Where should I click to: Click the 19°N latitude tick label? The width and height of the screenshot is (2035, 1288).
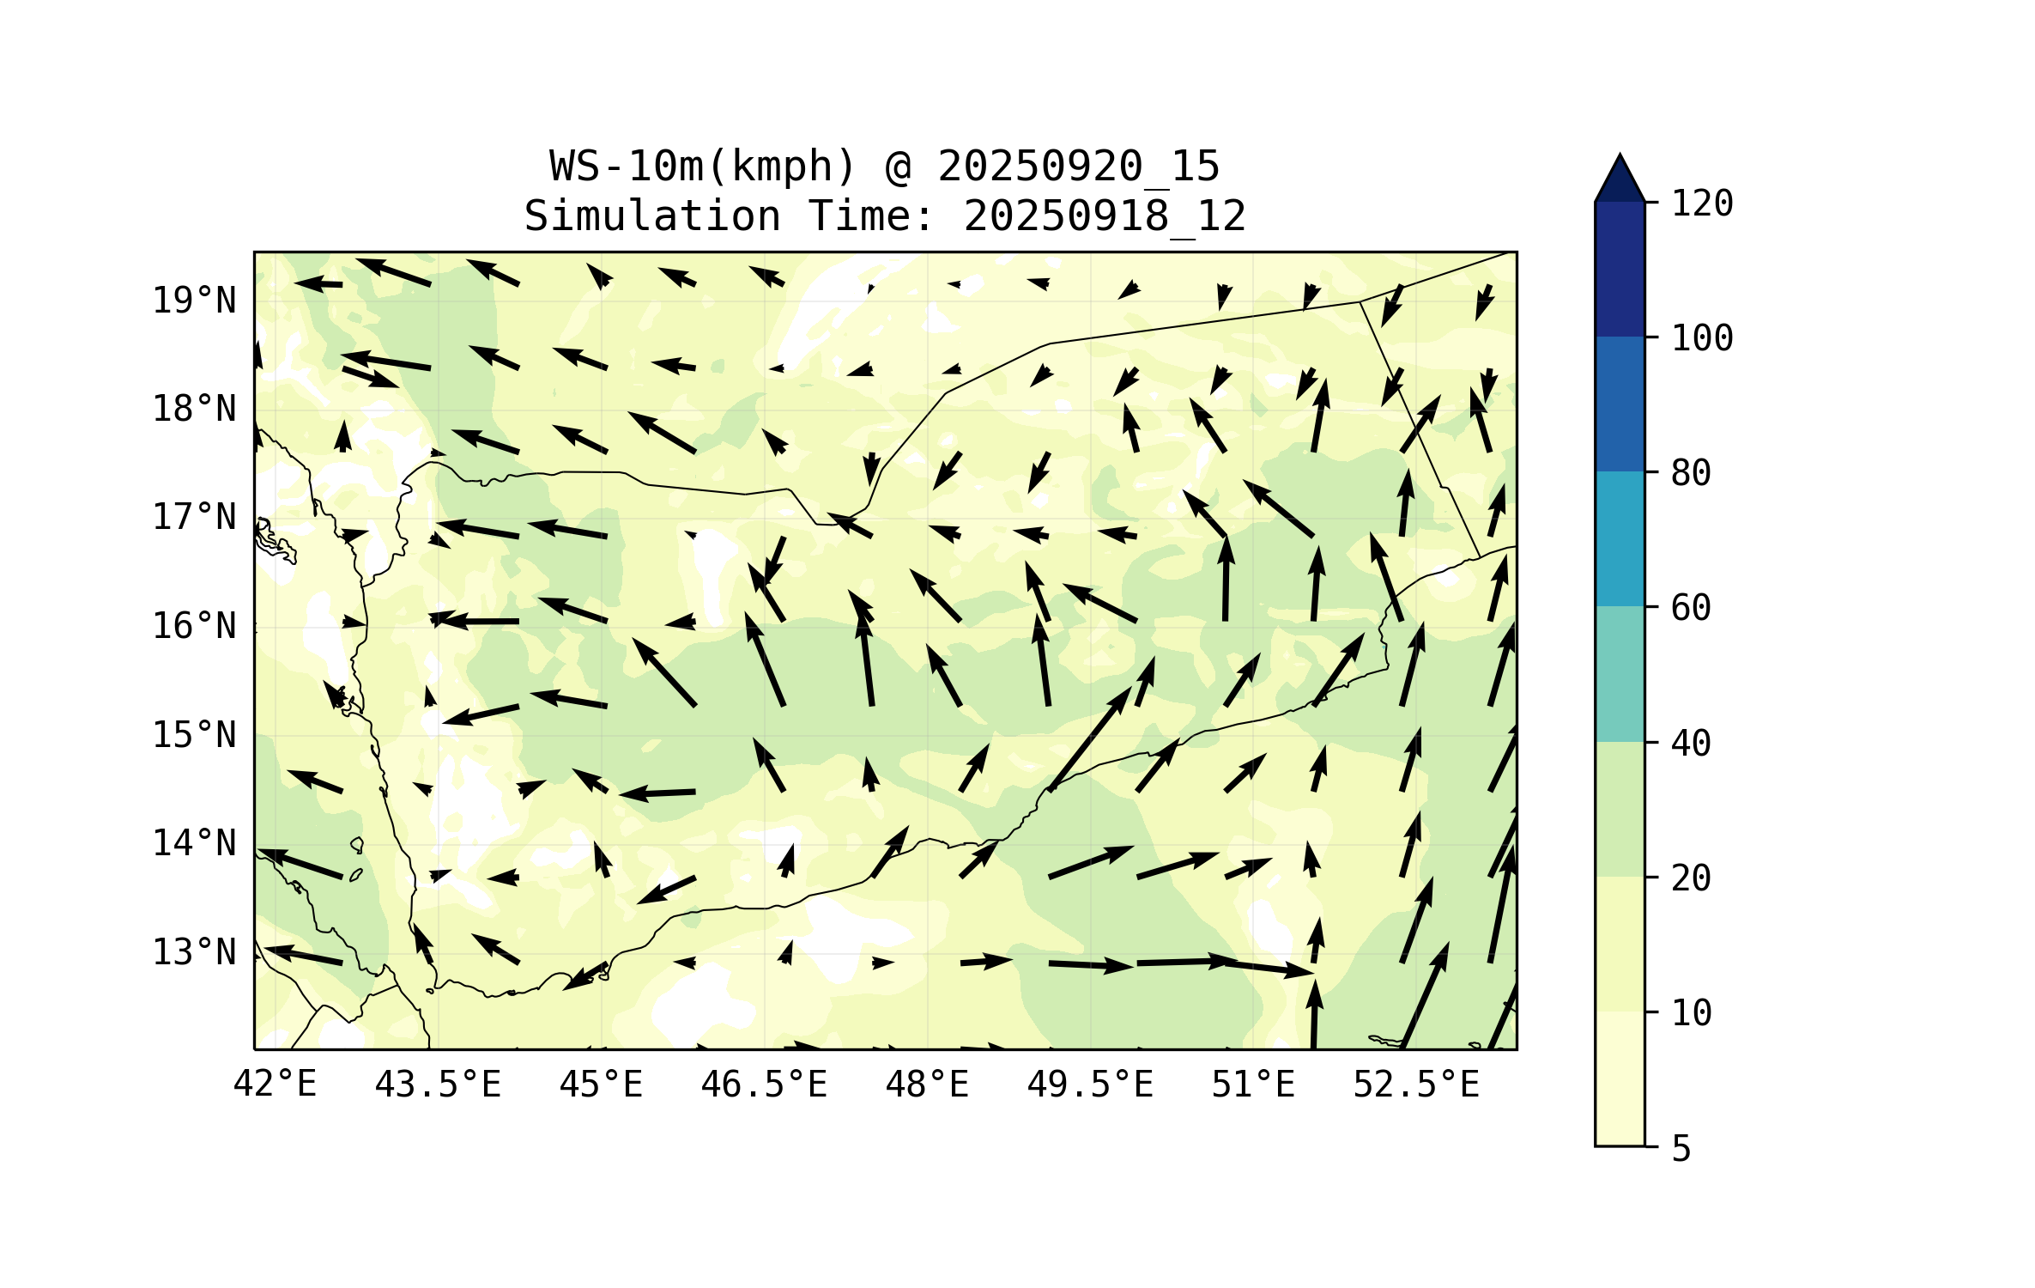pos(194,301)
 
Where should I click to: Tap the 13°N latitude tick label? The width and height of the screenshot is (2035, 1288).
pos(194,952)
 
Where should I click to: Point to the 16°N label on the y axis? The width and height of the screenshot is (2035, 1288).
pos(194,626)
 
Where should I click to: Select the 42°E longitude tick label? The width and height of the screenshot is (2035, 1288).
pos(275,1084)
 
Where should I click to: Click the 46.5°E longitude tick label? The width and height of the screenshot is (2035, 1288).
pos(764,1084)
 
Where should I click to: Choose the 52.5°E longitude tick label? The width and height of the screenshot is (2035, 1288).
pos(1416,1084)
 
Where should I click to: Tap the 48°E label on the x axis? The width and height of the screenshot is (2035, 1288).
pos(927,1084)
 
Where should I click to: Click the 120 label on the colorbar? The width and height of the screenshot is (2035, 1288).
pos(1702,204)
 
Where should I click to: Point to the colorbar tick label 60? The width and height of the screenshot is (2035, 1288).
pos(1691,608)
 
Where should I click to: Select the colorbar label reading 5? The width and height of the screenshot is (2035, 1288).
pos(1681,1149)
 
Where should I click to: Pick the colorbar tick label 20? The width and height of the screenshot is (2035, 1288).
pos(1691,878)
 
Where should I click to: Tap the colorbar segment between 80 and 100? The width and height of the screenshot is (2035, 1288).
pos(1620,404)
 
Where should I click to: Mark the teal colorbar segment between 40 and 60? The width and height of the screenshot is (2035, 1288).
pos(1620,674)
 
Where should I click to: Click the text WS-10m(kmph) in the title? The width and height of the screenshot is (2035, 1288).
pos(703,166)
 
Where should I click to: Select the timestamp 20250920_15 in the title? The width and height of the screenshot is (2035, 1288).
pos(1078,166)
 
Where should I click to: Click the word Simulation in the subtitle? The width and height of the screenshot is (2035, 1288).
pos(652,216)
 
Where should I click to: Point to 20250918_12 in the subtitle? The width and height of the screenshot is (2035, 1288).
pos(1105,216)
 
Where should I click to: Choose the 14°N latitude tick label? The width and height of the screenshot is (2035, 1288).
pos(194,843)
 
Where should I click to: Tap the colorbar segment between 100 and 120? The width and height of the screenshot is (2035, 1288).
pos(1620,269)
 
